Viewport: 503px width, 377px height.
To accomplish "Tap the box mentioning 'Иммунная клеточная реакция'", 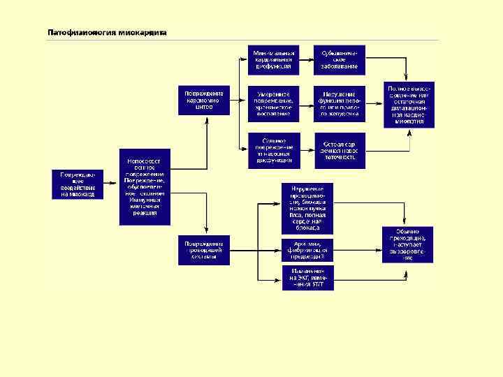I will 145,186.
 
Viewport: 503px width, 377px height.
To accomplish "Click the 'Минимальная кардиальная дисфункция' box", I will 273,60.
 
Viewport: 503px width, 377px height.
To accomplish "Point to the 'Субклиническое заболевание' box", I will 340,60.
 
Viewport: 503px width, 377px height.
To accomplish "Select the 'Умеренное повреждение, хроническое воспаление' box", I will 273,103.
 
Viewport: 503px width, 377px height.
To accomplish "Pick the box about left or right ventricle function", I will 340,103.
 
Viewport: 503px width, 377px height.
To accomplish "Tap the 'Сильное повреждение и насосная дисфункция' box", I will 273,150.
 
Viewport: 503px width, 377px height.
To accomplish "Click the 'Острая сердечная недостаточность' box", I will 340,150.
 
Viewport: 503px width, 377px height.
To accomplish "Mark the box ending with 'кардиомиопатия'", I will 408,105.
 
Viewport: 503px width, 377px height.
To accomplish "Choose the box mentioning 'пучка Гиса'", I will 307,208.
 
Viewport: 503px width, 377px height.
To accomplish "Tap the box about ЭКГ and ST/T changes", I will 307,277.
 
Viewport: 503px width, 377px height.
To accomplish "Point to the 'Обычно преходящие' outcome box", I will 408,244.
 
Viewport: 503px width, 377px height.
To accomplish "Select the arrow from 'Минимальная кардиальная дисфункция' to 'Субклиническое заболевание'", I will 306,60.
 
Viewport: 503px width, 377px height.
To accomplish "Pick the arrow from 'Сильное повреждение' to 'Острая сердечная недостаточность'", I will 306,150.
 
